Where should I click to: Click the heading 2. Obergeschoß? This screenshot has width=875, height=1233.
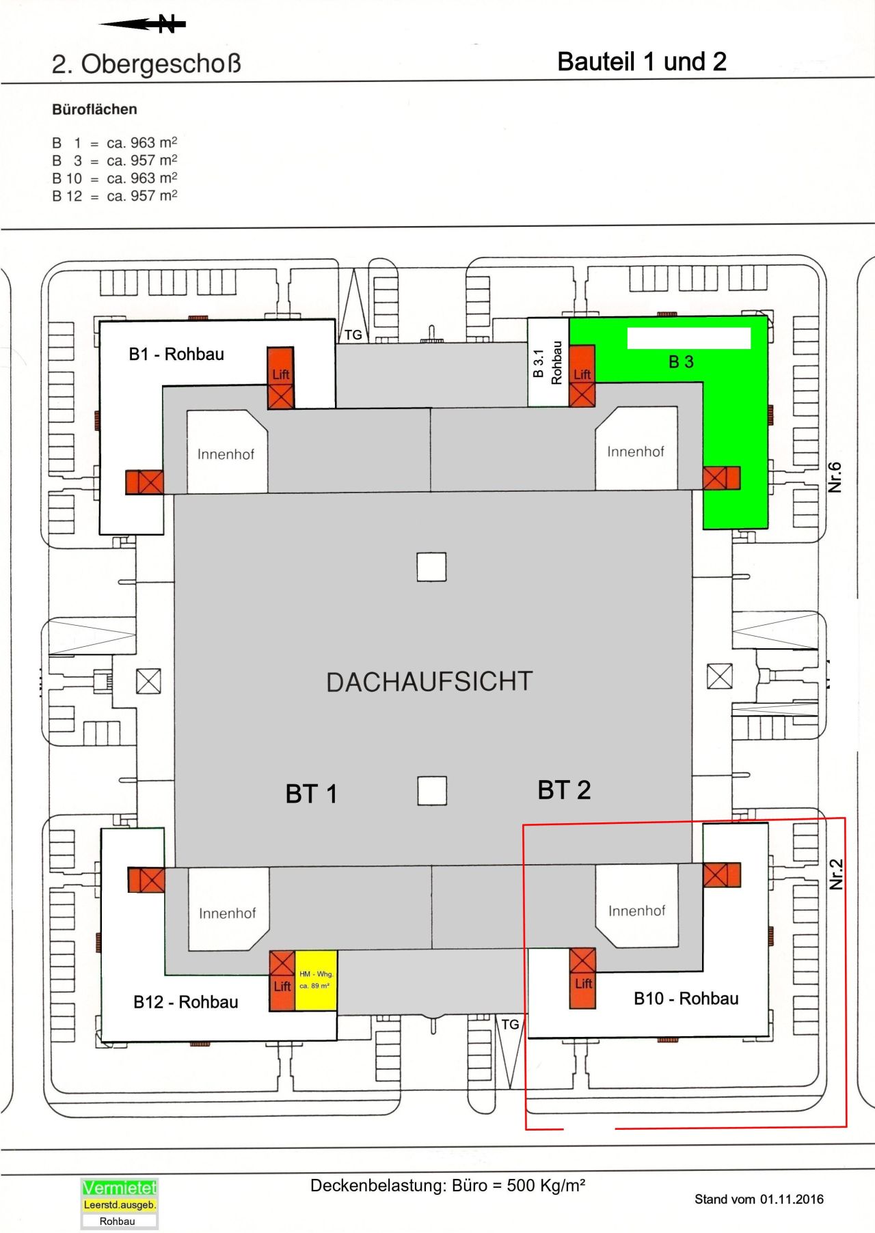(146, 64)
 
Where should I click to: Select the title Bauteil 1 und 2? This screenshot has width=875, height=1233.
(641, 62)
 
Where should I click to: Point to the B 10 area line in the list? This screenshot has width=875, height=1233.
(114, 178)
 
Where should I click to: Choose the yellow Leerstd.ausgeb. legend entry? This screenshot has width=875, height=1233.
(120, 1205)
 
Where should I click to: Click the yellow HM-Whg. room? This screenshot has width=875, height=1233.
(316, 980)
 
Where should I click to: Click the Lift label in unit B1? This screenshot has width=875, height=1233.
(281, 374)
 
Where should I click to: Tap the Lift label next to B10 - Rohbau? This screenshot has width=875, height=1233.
(583, 984)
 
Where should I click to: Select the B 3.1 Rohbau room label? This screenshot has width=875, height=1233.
(548, 363)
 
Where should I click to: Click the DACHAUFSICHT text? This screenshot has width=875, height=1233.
(429, 682)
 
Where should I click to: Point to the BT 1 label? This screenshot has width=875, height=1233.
(311, 794)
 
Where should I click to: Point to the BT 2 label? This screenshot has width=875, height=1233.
(564, 790)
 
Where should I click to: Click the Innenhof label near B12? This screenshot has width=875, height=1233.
(227, 913)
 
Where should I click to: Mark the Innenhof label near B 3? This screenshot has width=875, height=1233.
(635, 452)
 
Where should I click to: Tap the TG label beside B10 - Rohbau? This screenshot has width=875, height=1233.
(510, 1025)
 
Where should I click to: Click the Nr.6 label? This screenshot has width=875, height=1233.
(835, 477)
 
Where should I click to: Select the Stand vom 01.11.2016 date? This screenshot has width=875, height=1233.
(759, 1199)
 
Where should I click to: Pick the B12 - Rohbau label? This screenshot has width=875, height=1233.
(186, 1002)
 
